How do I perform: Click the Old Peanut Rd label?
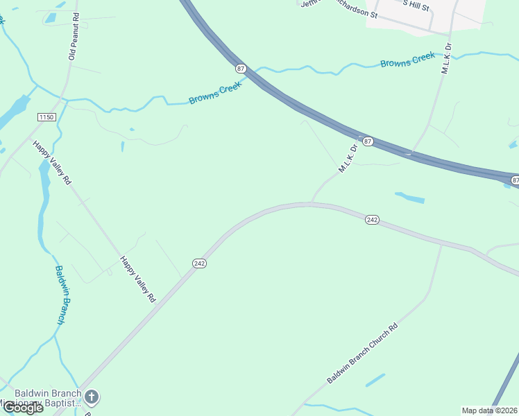[x=73, y=36]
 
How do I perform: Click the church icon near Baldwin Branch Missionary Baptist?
[x=92, y=397]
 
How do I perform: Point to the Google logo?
[x=23, y=408]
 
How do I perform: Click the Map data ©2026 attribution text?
[x=490, y=410]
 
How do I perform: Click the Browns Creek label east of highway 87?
[x=407, y=60]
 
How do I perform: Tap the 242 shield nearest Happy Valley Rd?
[x=199, y=263]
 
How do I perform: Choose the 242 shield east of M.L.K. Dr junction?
[x=372, y=219]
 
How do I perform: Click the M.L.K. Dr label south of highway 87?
[x=348, y=158]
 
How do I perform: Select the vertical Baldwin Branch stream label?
[x=61, y=295]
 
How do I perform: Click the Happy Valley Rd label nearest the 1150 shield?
[x=52, y=163]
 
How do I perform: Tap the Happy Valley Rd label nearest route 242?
[x=137, y=279]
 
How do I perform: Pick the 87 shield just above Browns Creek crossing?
[x=241, y=68]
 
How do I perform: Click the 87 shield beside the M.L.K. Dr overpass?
[x=368, y=141]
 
